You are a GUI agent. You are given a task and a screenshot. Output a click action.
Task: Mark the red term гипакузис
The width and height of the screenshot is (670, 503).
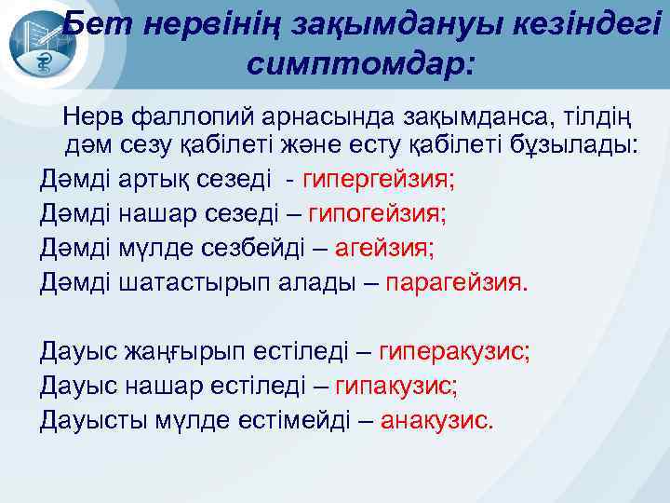coord(395,386)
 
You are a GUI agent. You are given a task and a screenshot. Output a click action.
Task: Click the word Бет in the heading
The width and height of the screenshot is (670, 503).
coord(95,25)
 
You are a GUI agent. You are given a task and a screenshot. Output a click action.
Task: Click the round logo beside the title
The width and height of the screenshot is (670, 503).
coord(35,44)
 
